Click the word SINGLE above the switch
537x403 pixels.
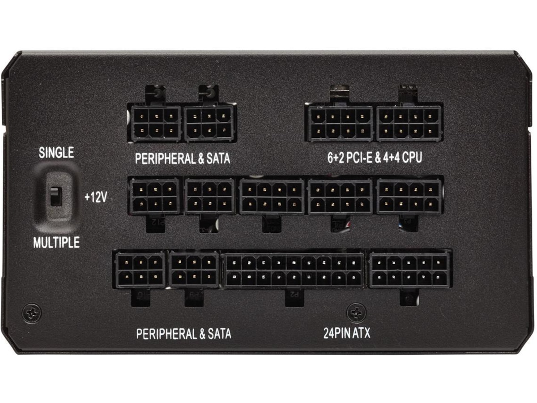pyautogui.click(x=56, y=153)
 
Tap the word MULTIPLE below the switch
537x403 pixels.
pyautogui.click(x=56, y=243)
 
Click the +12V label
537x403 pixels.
pyautogui.click(x=96, y=197)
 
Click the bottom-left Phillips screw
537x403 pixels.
pyautogui.click(x=32, y=313)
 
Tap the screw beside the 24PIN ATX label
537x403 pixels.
pyautogui.click(x=357, y=313)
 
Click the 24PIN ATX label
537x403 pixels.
pyautogui.click(x=347, y=333)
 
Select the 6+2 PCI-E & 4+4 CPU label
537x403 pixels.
pyautogui.click(x=375, y=158)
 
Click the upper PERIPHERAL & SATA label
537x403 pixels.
pyautogui.click(x=183, y=159)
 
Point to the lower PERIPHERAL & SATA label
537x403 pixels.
pyautogui.click(x=183, y=334)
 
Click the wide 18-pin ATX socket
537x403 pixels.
pyautogui.click(x=294, y=270)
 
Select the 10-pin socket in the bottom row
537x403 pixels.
pyautogui.click(x=409, y=270)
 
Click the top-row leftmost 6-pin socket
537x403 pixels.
pyautogui.click(x=156, y=124)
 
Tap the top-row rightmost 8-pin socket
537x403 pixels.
pyautogui.click(x=409, y=124)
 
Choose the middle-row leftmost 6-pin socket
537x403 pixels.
pyautogui.click(x=154, y=197)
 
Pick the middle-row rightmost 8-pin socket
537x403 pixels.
pyautogui.click(x=409, y=197)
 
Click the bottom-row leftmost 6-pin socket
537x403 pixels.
pyautogui.click(x=140, y=270)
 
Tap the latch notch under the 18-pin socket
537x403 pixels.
pyautogui.click(x=294, y=296)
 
